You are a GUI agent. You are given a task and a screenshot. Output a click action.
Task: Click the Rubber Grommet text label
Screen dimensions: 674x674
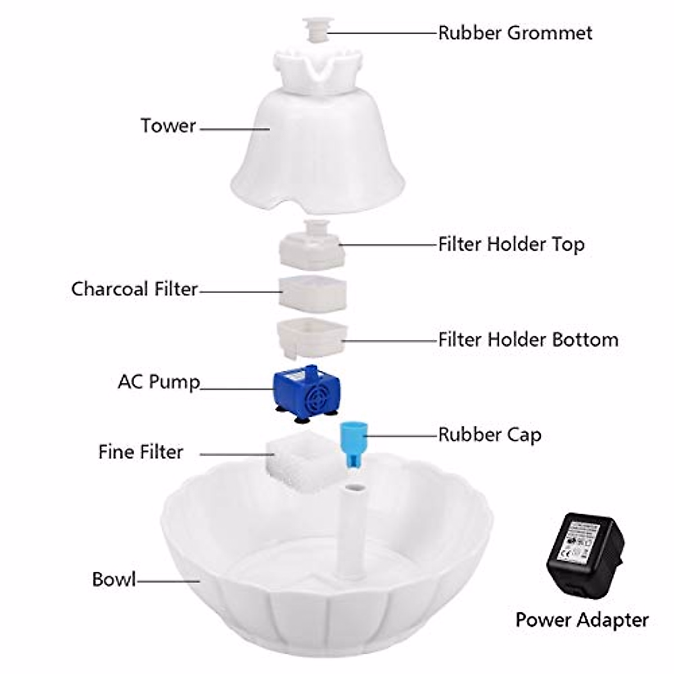coord(514,33)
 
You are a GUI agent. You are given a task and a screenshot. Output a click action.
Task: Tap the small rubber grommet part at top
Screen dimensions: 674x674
coord(318,29)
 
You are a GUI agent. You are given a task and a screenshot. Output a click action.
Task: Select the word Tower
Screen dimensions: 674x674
coord(168,125)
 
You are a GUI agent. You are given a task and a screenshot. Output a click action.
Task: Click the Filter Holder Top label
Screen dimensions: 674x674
coord(511,244)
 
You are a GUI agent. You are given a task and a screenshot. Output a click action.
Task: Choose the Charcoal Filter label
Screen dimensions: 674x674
coord(135,289)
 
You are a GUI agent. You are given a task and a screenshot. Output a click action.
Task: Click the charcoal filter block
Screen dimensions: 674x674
coord(313,293)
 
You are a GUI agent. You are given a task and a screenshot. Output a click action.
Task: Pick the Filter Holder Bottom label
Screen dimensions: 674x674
coord(528,340)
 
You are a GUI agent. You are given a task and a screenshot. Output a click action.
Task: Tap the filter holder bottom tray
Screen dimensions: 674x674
coord(311,338)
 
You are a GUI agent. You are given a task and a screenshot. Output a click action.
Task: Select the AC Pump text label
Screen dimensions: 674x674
coord(159,382)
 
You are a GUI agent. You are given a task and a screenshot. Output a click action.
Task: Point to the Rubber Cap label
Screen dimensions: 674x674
coord(489,435)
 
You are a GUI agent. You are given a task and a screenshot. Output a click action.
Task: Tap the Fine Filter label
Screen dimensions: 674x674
coord(140,452)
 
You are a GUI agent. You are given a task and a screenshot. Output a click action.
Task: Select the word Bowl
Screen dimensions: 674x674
coord(114,579)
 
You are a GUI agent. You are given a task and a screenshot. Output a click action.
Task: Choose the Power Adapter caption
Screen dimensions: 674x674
coord(582,620)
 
